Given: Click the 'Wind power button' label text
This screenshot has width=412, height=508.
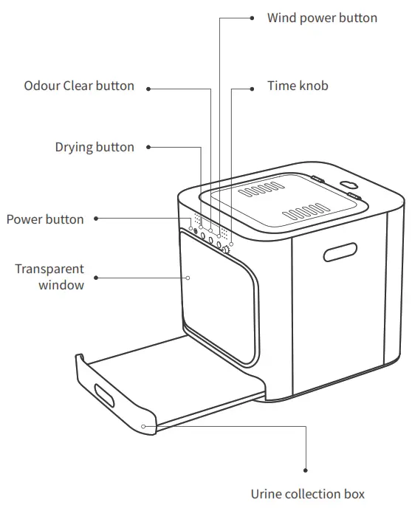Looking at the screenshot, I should point(322,18).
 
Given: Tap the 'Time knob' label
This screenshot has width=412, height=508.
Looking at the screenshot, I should point(298,86).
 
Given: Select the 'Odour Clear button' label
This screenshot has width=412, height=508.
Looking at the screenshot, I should point(79,86).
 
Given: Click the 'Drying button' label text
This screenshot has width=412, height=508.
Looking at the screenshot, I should point(95,147).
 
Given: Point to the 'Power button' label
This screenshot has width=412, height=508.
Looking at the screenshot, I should point(45,219).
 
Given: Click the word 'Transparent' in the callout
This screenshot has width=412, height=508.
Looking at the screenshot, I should point(49,269).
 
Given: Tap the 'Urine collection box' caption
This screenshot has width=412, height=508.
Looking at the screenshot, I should point(307,494).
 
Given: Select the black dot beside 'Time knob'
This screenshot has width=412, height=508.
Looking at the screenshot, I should point(251,87).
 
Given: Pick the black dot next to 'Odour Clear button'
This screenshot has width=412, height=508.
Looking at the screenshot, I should point(148,88).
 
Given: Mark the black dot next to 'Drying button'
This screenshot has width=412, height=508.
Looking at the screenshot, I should point(148,147).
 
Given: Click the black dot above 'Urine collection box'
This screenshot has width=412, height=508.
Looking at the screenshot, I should point(306,469).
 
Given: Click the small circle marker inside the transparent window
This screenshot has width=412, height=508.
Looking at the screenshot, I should point(188,278).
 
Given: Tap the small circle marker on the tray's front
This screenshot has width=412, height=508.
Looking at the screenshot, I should point(144,426).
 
